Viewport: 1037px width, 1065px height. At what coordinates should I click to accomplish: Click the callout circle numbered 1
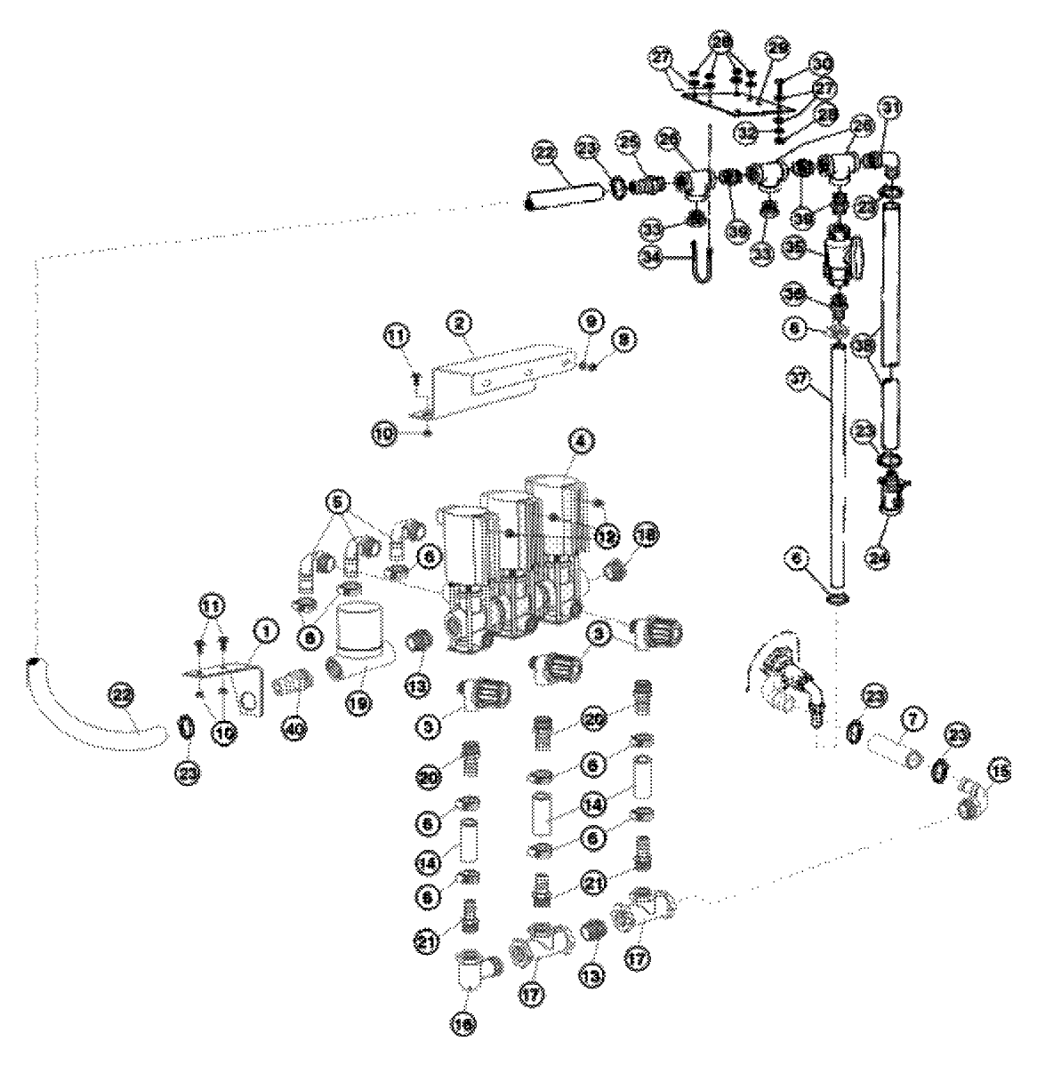(264, 630)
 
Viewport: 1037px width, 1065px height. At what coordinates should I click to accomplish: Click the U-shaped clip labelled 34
(696, 263)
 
